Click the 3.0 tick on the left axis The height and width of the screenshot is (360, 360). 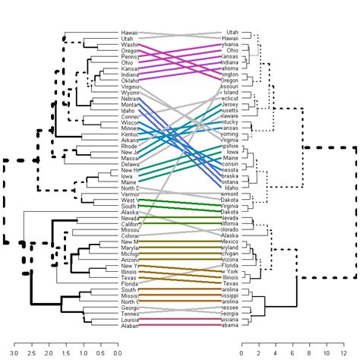tap(15, 344)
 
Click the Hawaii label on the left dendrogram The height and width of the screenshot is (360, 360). tap(130, 33)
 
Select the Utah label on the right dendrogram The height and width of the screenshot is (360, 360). tap(232, 33)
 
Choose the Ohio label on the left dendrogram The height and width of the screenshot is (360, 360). tap(128, 63)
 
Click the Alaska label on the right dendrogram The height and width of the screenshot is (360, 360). tap(231, 236)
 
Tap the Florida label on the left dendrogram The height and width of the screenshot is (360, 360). tap(130, 284)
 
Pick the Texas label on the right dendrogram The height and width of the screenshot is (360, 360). tap(231, 284)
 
